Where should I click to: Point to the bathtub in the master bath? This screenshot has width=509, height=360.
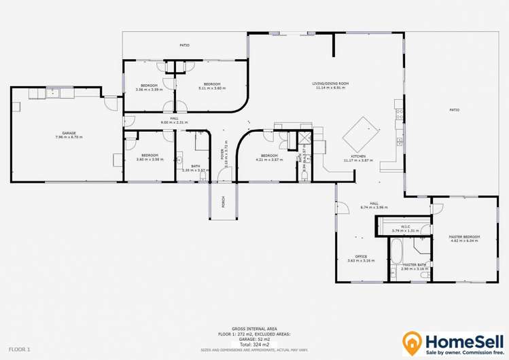395,251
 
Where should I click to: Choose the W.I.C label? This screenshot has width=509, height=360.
404,226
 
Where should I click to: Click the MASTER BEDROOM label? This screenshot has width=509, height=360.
465,236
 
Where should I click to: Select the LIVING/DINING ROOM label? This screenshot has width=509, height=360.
332,83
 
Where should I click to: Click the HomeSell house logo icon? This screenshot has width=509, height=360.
412,341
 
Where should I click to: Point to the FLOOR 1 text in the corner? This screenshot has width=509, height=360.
18,348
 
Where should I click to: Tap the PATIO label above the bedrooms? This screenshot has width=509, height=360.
184,46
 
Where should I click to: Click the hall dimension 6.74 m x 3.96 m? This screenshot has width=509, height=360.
374,207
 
